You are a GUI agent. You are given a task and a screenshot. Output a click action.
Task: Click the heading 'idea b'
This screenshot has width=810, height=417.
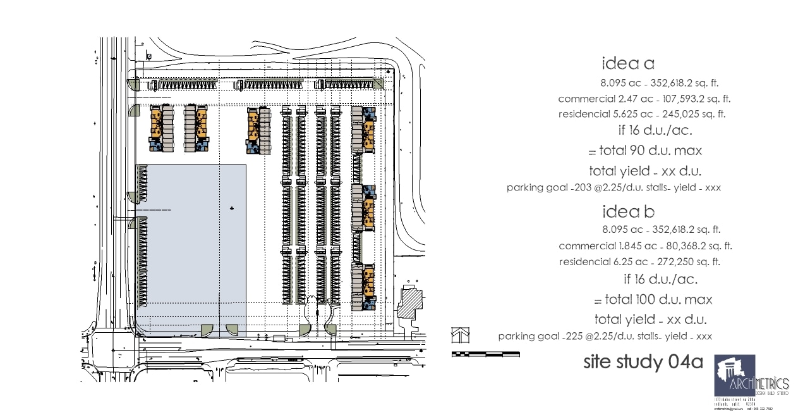pos(628,211)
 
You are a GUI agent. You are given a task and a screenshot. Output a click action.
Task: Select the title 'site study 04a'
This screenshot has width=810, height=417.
pos(643,363)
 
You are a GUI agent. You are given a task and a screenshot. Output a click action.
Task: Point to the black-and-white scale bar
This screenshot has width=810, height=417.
pos(485,354)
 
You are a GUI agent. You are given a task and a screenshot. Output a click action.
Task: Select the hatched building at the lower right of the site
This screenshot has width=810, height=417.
pos(412,299)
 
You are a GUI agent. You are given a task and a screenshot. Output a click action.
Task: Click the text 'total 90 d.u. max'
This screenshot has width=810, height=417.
pos(644,151)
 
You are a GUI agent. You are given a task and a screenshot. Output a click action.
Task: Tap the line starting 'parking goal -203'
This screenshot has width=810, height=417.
pos(614,188)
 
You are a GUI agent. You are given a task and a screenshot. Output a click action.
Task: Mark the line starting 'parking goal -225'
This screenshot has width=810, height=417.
pos(605,337)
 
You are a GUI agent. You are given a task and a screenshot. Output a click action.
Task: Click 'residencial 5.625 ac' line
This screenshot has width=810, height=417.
pos(641,115)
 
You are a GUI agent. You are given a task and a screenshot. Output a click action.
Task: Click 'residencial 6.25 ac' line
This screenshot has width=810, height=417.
pos(639,262)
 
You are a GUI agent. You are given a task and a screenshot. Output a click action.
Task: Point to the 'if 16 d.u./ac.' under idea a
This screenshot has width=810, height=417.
pos(655,131)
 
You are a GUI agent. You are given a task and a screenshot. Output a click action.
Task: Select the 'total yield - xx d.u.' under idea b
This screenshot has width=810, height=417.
pos(650,320)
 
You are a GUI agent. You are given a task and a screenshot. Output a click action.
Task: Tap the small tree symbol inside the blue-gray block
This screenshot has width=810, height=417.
pos(233,208)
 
